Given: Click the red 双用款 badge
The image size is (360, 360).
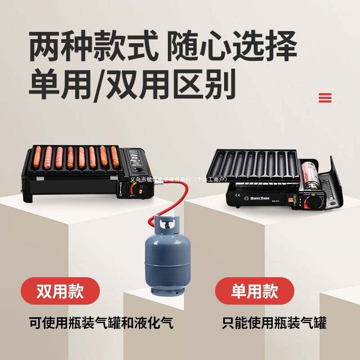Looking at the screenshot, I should (x=60, y=291).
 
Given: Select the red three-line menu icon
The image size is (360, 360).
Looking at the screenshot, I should (x=325, y=98).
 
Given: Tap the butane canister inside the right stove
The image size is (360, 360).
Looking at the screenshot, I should (x=310, y=174).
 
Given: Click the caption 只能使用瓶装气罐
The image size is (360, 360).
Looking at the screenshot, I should (x=274, y=323).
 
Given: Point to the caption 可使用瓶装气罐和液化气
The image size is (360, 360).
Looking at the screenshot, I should (x=101, y=323).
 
